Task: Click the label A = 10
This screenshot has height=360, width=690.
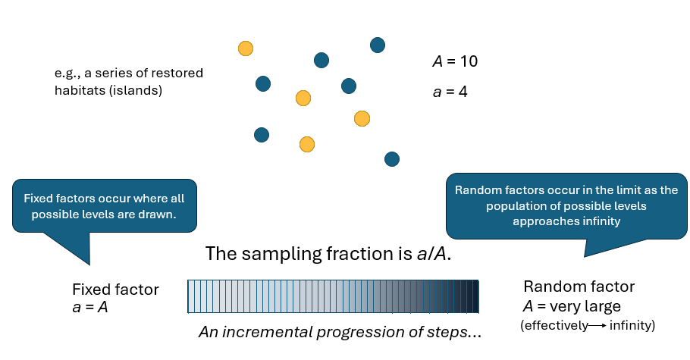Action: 454,61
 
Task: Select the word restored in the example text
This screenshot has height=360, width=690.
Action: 180,74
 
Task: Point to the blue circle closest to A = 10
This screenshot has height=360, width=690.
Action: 378,45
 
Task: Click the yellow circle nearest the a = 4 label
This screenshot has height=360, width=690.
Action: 362,118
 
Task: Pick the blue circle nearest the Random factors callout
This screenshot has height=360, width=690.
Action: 391,158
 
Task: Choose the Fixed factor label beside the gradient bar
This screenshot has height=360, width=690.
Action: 115,290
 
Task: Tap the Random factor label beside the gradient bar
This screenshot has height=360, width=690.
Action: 579,287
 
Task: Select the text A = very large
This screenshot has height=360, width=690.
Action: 572,307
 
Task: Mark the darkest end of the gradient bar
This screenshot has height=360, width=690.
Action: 475,296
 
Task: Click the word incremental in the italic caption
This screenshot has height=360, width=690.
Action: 263,332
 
